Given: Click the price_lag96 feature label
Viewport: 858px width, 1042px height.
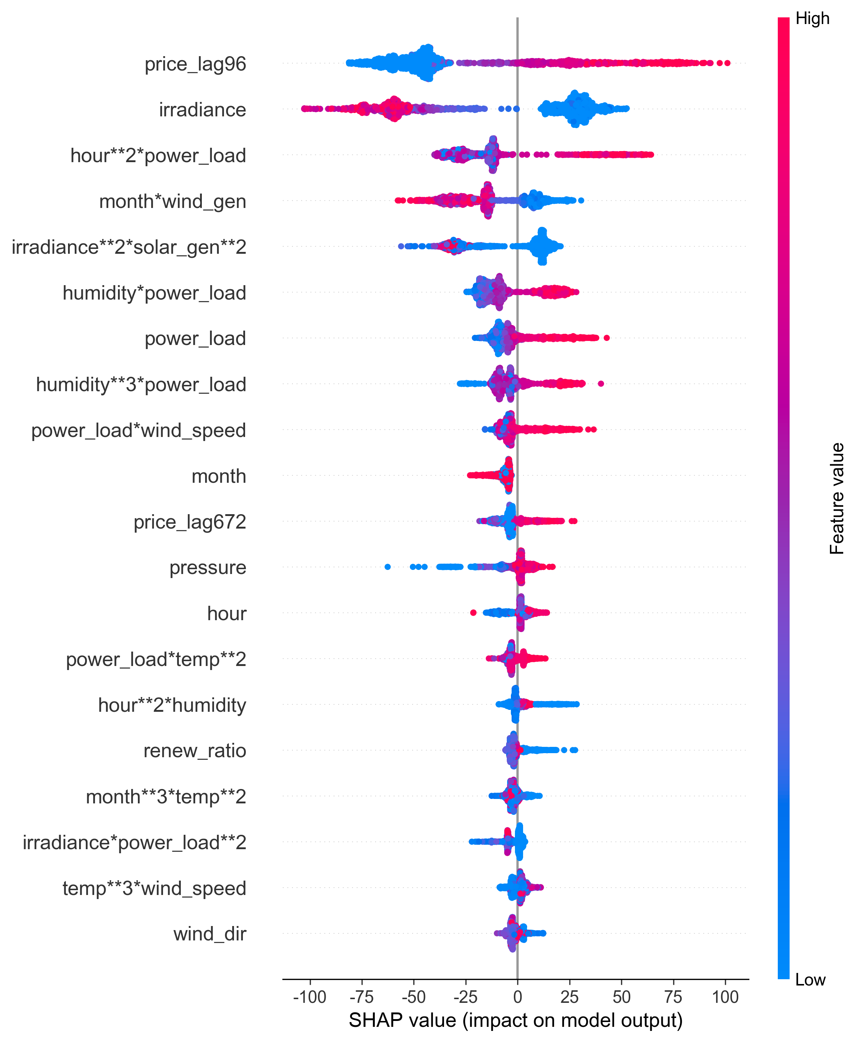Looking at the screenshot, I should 195,64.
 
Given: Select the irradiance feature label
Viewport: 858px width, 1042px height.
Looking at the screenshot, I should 202,110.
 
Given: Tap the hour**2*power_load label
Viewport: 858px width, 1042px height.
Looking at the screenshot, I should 158,156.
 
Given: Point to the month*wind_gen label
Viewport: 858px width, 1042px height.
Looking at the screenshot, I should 173,201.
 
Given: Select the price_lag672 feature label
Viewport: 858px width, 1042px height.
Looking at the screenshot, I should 190,522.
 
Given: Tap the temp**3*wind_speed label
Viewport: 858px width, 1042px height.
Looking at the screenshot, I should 154,888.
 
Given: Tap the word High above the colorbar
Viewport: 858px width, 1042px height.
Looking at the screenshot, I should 812,19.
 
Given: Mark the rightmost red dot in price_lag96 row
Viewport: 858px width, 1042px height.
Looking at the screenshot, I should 727,63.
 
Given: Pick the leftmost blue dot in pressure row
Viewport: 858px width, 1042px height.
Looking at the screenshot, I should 387,567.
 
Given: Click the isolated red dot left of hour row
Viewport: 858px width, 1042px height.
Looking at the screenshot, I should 473,612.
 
